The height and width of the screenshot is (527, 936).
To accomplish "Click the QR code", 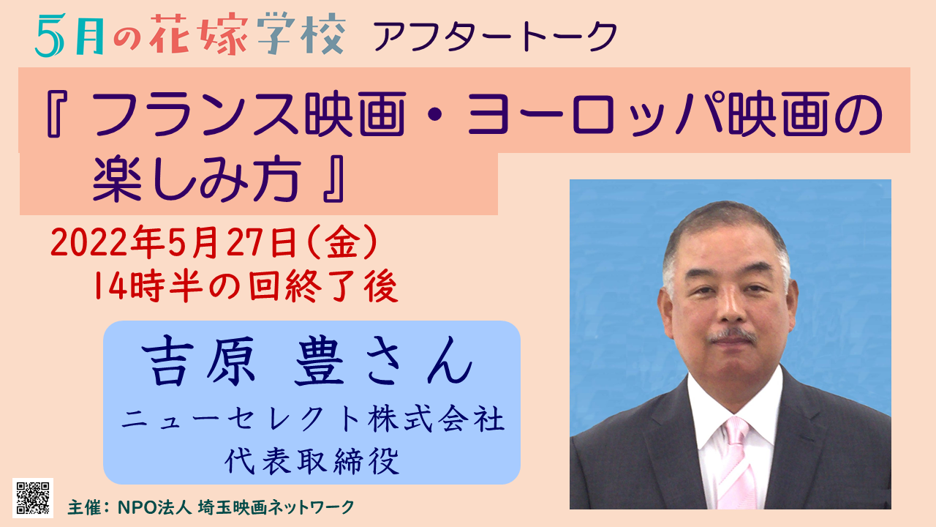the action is click(33, 498).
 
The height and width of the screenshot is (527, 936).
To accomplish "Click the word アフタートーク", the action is click(496, 37).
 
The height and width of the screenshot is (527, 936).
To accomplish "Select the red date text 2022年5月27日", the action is click(174, 242).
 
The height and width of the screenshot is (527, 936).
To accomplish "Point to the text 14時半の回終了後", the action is click(246, 286).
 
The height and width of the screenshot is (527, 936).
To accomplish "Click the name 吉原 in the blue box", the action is click(198, 361).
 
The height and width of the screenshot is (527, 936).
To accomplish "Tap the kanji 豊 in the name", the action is click(320, 361).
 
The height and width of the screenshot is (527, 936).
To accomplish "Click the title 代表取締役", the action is click(312, 461).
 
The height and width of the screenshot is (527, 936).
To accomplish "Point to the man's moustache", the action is click(733, 335).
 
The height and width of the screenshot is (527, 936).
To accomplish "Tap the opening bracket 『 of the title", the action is click(54, 113).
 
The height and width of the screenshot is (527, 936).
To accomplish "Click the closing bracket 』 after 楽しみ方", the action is click(334, 179).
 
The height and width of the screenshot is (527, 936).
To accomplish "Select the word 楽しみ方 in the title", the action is click(197, 179).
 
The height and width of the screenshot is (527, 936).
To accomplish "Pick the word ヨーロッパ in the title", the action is click(595, 113).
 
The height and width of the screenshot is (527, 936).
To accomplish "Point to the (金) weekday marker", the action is click(343, 242).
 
